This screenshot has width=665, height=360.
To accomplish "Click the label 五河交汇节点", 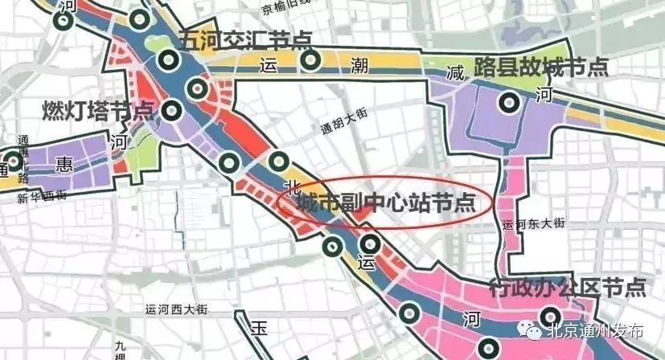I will click(245, 39).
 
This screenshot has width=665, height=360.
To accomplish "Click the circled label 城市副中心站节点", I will click(385, 203).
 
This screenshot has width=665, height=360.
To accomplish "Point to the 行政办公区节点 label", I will click(568, 287).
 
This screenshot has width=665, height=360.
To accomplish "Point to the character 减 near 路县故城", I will click(456, 73).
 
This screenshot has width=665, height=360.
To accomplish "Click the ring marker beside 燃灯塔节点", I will click(170, 109).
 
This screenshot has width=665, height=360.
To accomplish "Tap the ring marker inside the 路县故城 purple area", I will click(508, 102).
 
